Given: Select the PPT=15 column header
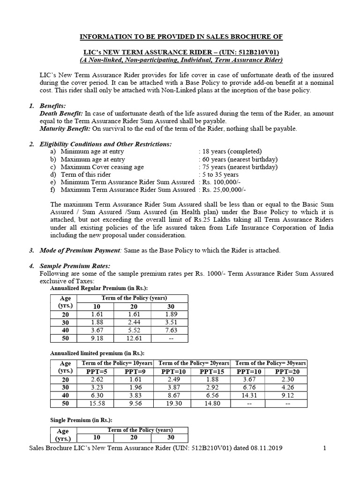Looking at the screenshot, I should (x=212, y=371).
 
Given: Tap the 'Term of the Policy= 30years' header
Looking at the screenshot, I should (x=270, y=363).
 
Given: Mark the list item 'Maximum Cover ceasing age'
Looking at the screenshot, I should (x=102, y=167).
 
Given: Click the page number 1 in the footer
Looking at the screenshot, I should (x=324, y=448).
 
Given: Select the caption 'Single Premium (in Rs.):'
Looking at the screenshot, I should (x=81, y=420).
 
